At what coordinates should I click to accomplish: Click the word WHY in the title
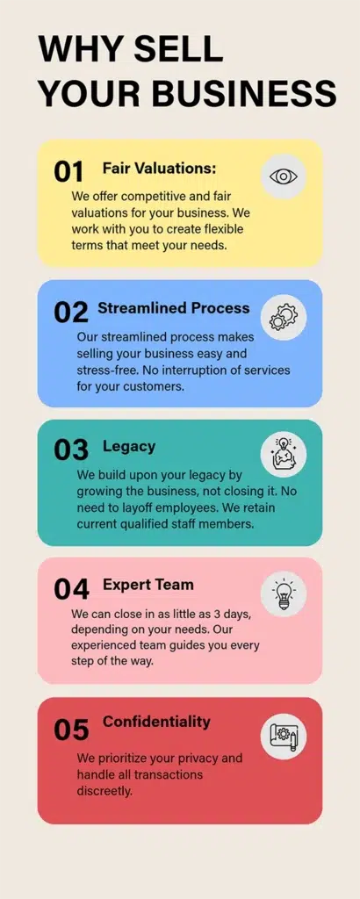tap(80, 50)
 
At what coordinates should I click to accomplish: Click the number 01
tap(69, 171)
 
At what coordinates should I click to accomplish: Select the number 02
tap(71, 312)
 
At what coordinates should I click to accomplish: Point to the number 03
tap(71, 450)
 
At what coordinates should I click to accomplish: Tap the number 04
tap(71, 589)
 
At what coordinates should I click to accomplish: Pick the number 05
tap(71, 730)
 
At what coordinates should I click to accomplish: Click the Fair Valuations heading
tap(159, 168)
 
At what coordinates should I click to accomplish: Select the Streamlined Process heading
tap(174, 308)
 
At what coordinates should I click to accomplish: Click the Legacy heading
tap(129, 447)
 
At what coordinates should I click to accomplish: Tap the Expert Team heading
tap(148, 585)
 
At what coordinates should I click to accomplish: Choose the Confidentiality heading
tap(156, 723)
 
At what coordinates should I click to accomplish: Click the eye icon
tap(284, 176)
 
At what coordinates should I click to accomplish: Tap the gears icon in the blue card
tap(284, 316)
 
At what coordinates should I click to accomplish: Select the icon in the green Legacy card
tap(284, 455)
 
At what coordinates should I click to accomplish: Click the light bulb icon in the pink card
tap(284, 593)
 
